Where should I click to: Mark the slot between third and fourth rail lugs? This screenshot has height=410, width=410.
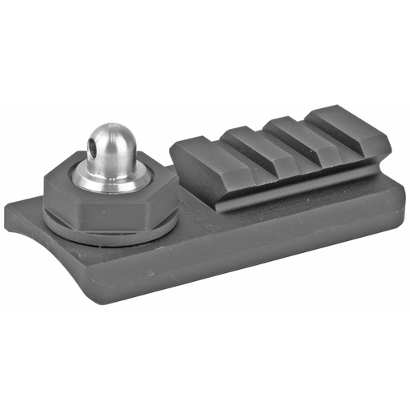point(324,128)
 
